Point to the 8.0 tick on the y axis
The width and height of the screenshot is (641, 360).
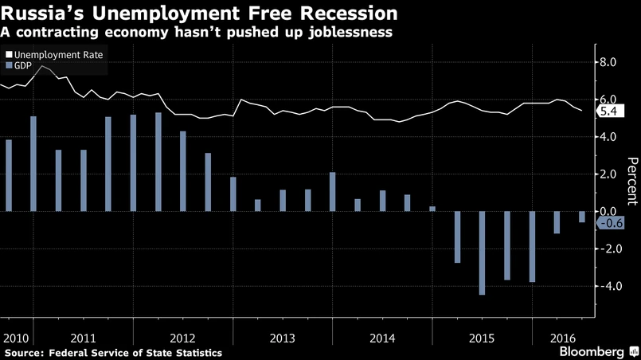[x=608, y=62]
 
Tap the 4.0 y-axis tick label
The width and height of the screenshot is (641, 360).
[x=608, y=137]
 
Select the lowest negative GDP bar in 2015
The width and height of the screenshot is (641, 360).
[x=483, y=253]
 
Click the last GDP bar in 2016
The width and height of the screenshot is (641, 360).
[x=582, y=217]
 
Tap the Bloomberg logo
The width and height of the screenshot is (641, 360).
[x=592, y=351]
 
